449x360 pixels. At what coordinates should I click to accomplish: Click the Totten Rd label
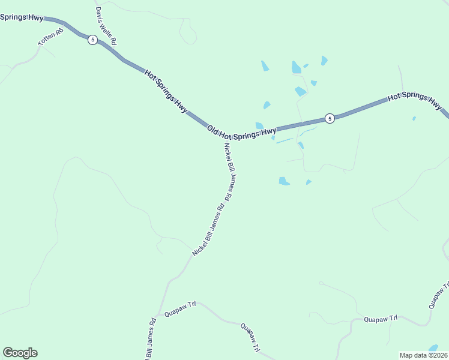tap(50, 37)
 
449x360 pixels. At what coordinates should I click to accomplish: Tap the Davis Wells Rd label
tap(106, 26)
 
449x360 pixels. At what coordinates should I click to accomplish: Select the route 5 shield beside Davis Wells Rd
tap(92, 40)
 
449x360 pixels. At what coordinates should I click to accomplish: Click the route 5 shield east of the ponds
tap(330, 119)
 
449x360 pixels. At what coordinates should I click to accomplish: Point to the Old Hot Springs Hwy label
tap(241, 131)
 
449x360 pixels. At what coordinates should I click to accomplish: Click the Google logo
tap(20, 353)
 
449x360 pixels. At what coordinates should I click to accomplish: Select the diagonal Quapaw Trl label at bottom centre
tap(250, 338)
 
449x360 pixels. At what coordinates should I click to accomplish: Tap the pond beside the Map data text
tap(433, 347)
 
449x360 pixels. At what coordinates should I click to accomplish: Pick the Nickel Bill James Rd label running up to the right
tap(208, 231)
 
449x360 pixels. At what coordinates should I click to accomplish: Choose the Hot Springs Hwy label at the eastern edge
tap(415, 100)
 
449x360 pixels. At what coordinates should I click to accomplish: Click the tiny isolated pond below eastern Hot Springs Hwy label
tap(414, 118)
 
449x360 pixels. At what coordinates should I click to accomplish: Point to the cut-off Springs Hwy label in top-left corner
tap(22, 17)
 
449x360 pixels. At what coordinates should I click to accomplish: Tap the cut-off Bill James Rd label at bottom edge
tap(150, 339)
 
